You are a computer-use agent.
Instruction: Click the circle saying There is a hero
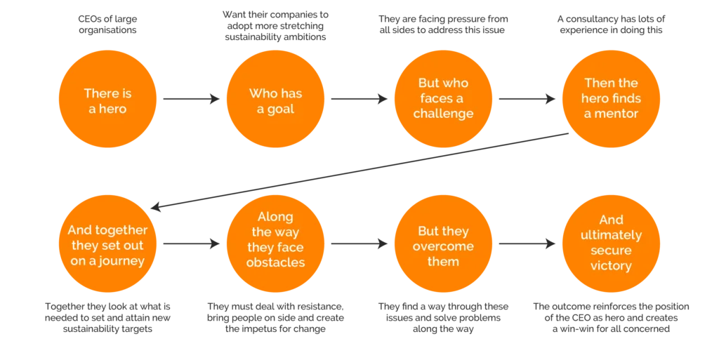tap(107, 100)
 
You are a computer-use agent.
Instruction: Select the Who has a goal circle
tap(275, 100)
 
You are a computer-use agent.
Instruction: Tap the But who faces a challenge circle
tap(443, 99)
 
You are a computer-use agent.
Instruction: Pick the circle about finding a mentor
tap(611, 99)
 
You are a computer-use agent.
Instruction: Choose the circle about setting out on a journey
tap(107, 245)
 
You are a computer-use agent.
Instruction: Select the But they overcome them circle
tap(443, 245)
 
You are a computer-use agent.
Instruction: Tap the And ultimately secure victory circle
tap(611, 244)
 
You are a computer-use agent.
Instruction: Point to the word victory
tap(611, 266)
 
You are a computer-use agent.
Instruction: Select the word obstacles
tap(275, 262)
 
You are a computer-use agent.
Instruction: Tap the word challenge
tap(443, 114)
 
